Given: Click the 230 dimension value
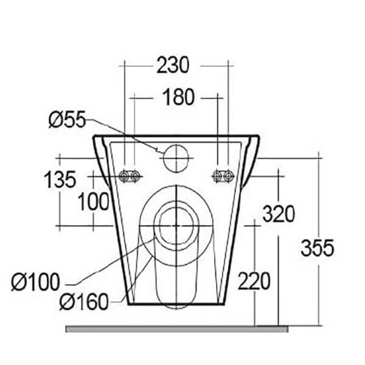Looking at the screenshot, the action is tap(173, 65).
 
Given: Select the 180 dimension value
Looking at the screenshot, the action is tap(178, 97).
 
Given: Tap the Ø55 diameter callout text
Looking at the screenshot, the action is tap(68, 120).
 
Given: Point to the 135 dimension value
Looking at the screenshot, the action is tap(60, 179).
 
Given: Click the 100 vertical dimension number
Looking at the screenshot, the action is tap(93, 201).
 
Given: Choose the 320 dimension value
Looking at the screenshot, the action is tap(279, 214).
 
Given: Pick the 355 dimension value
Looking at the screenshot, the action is tap(318, 248).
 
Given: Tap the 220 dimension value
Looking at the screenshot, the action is tap(254, 281).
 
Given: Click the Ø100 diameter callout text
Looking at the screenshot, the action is tap(36, 282).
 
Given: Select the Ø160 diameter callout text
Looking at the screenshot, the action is tap(84, 302).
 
